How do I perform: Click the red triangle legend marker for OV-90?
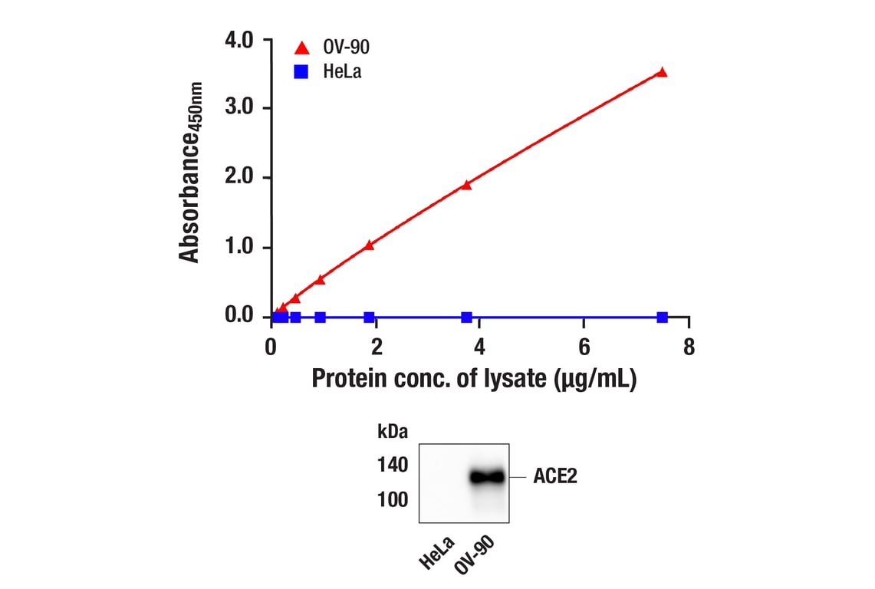302,48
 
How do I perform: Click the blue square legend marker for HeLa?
302,73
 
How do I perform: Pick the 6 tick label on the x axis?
584,347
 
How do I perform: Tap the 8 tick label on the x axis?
688,347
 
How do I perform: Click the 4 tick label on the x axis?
479,347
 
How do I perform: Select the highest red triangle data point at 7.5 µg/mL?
662,72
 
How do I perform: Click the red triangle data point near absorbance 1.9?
466,184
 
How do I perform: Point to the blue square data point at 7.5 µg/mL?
662,317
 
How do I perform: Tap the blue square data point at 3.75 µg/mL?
466,317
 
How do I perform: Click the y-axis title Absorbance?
190,173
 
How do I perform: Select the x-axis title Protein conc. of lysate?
474,379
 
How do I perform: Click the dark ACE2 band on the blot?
487,477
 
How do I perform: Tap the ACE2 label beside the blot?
555,477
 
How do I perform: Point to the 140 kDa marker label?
393,464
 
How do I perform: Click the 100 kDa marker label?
393,500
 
